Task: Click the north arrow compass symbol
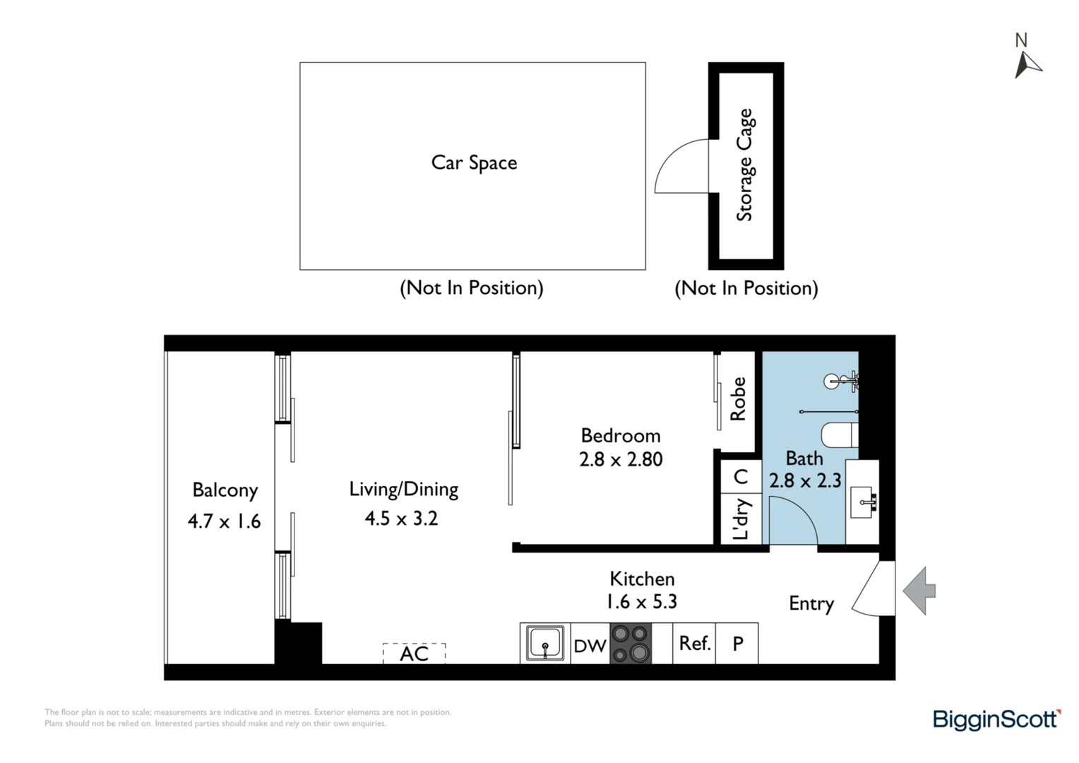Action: click(1027, 64)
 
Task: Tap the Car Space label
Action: click(474, 162)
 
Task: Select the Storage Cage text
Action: click(745, 165)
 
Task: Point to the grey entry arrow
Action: click(919, 590)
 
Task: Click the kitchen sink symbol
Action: click(545, 643)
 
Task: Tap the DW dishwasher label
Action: click(590, 645)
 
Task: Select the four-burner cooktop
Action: click(631, 643)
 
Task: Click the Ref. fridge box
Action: click(694, 644)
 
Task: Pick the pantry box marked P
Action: click(737, 644)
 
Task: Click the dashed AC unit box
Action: click(415, 653)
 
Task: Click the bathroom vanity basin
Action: click(864, 501)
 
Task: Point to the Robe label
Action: click(738, 399)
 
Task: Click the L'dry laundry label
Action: click(740, 519)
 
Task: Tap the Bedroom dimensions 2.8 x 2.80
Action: click(621, 459)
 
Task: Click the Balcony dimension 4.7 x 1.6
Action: click(224, 521)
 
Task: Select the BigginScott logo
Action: click(996, 719)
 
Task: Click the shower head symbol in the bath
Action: click(834, 381)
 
